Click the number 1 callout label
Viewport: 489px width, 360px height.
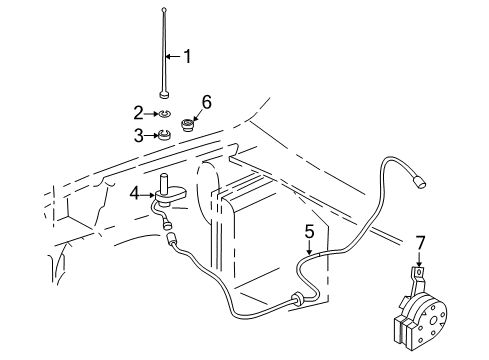185,55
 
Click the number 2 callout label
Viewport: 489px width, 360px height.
139,113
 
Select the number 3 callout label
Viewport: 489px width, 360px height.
139,134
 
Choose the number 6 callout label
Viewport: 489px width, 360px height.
207,102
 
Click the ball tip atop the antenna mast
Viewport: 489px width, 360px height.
163,9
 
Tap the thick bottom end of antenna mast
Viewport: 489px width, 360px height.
163,95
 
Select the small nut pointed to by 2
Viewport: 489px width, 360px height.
163,114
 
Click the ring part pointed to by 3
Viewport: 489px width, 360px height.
163,135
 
